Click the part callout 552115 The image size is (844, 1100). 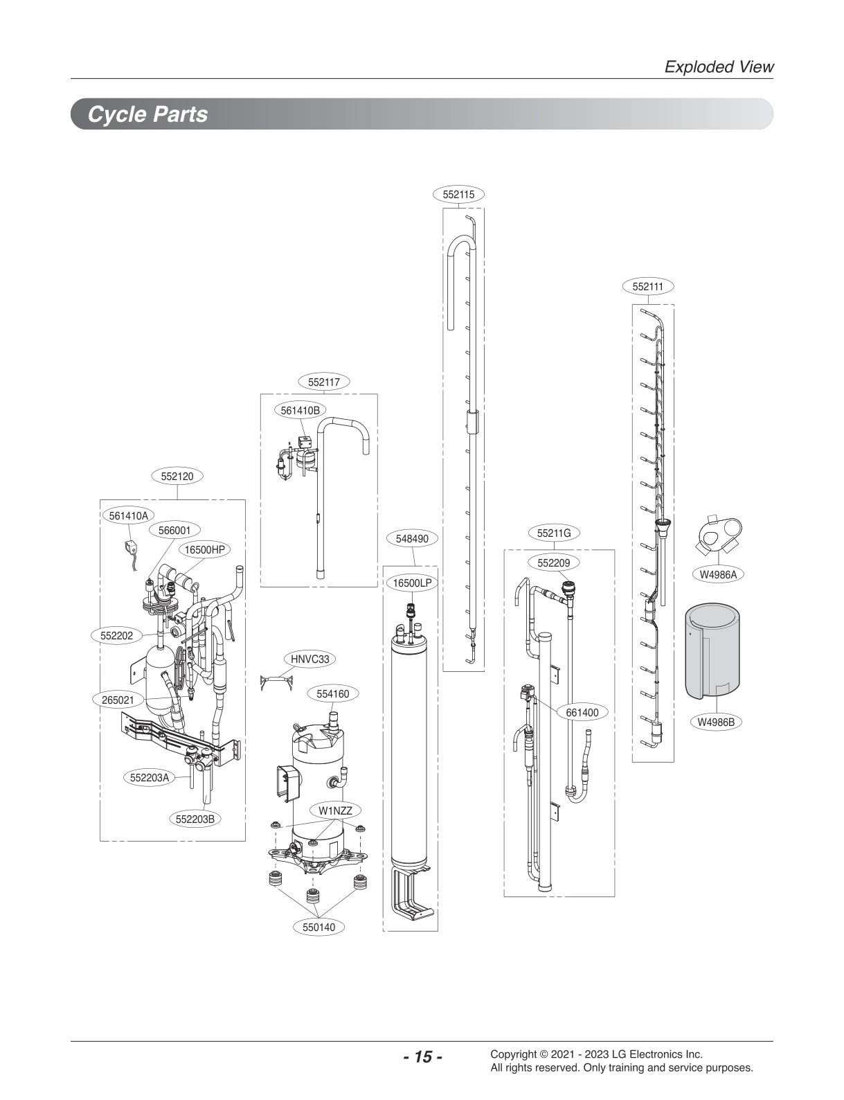[x=458, y=195]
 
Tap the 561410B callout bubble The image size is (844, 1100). [x=300, y=410]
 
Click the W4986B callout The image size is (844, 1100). [x=715, y=722]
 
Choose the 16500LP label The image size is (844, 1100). [x=412, y=583]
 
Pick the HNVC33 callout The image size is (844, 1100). [x=309, y=659]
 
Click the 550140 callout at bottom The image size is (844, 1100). [x=318, y=927]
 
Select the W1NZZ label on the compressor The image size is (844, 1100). [x=335, y=810]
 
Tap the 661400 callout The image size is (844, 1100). [x=582, y=712]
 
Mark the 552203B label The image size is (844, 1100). [x=195, y=819]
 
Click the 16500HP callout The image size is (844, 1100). [x=204, y=549]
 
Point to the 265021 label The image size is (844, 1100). [x=118, y=700]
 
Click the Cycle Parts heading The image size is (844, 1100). [x=147, y=114]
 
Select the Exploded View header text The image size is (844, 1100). [x=718, y=66]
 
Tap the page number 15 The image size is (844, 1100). [x=422, y=1056]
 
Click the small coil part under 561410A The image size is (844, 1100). [x=129, y=547]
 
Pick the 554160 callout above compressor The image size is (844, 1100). [x=332, y=693]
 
